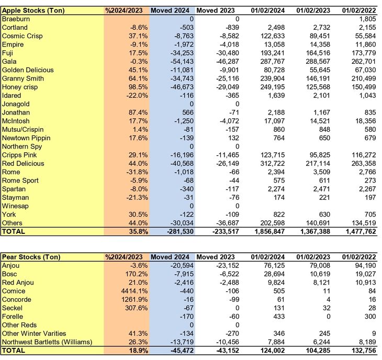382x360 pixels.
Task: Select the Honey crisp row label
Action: click(20, 87)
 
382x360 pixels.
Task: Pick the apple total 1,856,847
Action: click(266, 231)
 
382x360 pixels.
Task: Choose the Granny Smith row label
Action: click(22, 78)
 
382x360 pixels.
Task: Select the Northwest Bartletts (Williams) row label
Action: click(47, 342)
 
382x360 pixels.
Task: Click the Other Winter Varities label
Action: click(34, 333)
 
